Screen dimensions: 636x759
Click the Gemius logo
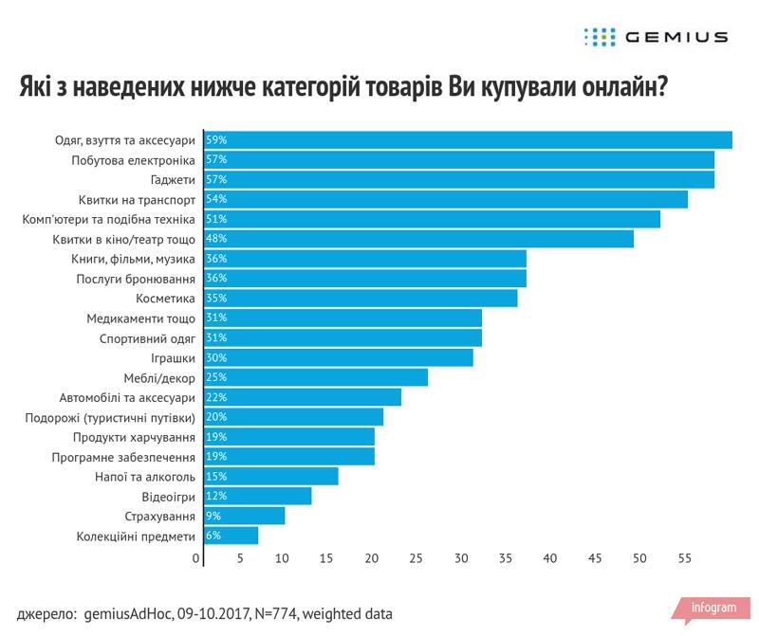[656, 37]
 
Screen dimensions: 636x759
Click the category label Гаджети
[173, 180]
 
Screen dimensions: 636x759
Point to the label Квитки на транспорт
[138, 200]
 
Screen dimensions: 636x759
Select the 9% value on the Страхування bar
[213, 517]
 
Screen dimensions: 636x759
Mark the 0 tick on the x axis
[196, 558]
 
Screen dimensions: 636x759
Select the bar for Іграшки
[342, 358]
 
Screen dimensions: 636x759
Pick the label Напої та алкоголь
[146, 477]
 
